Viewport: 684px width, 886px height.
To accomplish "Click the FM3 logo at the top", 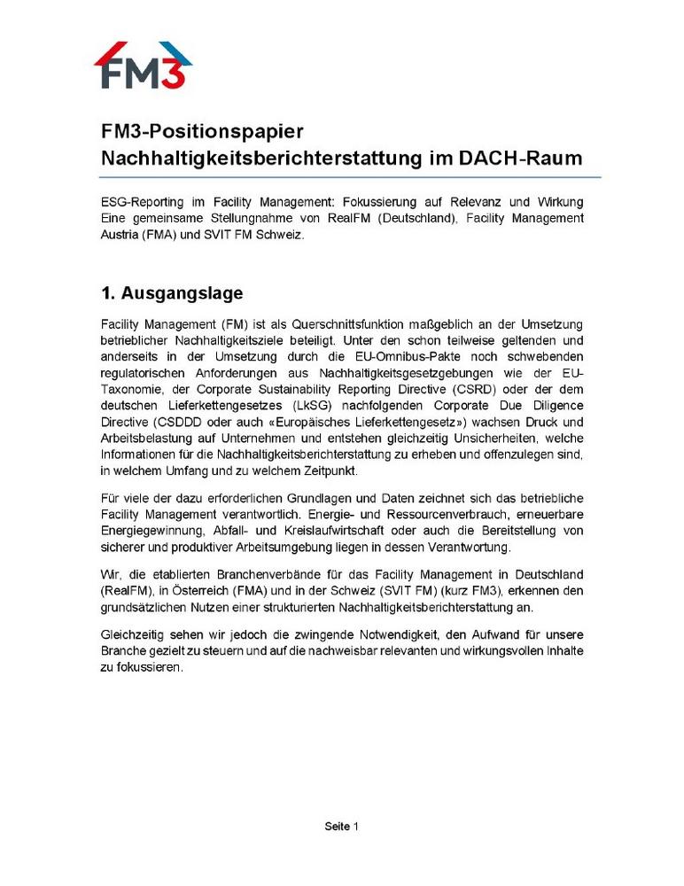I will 143,65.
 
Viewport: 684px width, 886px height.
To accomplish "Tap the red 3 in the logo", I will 175,73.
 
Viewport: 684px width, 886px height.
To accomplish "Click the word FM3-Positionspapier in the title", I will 202,132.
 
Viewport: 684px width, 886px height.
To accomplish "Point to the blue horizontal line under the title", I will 350,177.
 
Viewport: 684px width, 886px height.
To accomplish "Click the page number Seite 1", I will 341,827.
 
